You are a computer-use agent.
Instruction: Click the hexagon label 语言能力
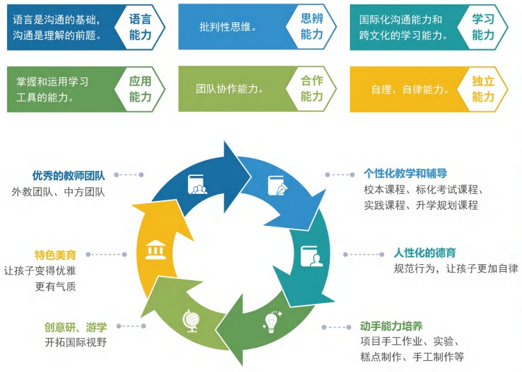tap(140, 26)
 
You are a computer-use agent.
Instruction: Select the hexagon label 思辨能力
tap(312, 26)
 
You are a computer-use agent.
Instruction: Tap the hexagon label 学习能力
tap(483, 26)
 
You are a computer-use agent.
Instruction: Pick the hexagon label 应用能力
tap(140, 89)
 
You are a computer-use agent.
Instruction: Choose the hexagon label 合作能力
tap(312, 89)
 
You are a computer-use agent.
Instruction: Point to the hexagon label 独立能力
tap(483, 89)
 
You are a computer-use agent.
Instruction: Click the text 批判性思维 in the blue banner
tap(228, 27)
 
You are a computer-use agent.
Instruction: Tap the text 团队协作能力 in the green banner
tap(229, 89)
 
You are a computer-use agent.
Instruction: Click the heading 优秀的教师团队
tap(68, 175)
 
